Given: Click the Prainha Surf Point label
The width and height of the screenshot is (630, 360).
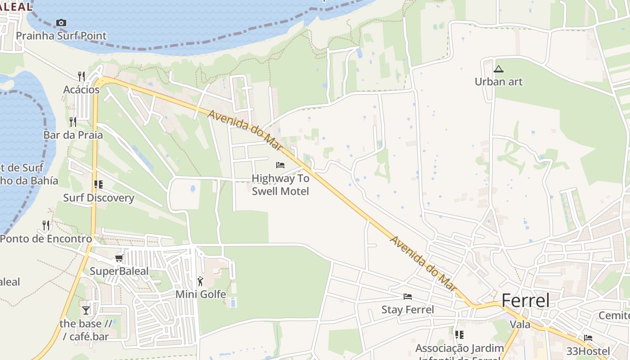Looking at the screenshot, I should (x=61, y=36).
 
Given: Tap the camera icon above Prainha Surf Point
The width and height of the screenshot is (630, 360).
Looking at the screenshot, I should (x=61, y=22).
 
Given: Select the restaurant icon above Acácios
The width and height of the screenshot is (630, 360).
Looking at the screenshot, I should (x=81, y=76).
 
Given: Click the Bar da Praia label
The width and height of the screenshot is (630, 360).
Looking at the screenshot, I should (x=73, y=135).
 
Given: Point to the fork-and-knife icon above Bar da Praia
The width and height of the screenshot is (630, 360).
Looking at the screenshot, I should (x=73, y=121).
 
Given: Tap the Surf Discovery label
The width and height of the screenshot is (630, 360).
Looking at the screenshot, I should (x=99, y=198).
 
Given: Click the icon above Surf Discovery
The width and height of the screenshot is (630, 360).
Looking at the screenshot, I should (x=99, y=184).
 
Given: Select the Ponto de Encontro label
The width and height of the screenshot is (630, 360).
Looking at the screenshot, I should (x=46, y=238).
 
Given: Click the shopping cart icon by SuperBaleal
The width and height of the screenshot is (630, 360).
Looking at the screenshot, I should (x=119, y=258).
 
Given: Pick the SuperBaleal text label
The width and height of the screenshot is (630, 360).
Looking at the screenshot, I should (x=119, y=271).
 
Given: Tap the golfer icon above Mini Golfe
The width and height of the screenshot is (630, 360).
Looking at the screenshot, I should (x=200, y=281).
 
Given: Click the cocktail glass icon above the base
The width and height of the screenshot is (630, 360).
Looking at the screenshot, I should (x=86, y=310).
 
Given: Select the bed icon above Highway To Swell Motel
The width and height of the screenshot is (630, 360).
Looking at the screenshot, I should (x=280, y=165).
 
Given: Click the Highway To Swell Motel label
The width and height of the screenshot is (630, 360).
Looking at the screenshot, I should (x=280, y=184).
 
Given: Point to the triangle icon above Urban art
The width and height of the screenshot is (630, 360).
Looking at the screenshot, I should (x=498, y=69).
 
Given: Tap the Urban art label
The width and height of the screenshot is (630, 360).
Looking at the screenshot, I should (x=499, y=81).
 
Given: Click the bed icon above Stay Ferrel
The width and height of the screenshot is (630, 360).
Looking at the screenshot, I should (x=408, y=296).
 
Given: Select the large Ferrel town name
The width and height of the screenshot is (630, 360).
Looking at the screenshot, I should (x=525, y=300).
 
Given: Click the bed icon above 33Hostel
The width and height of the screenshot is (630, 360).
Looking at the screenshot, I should (x=588, y=338).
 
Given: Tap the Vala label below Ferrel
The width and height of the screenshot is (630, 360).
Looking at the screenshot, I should (x=520, y=324).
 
